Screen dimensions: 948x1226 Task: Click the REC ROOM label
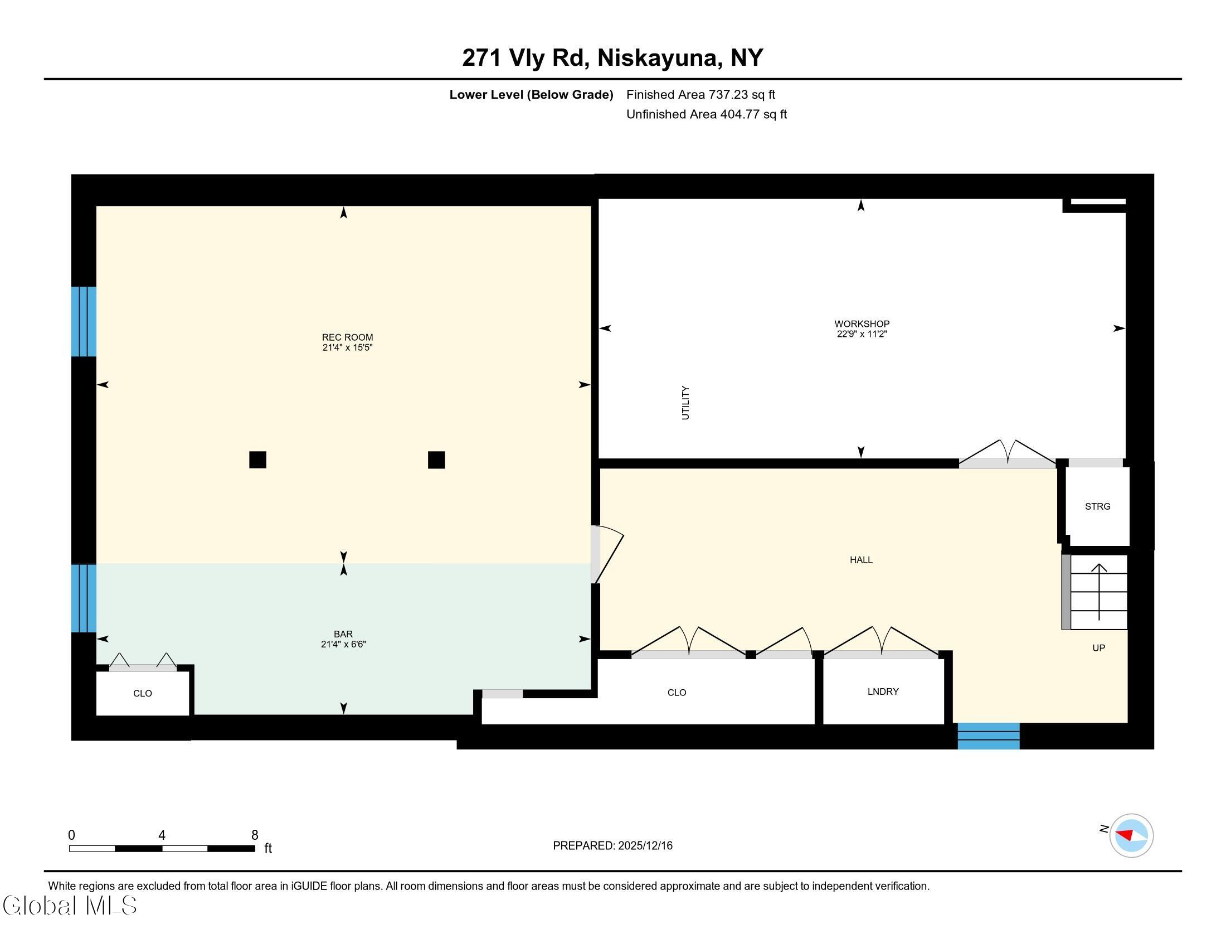pos(347,337)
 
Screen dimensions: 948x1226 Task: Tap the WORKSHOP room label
pos(861,324)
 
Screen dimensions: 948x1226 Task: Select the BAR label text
pos(343,634)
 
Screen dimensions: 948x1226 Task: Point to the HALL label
pos(860,560)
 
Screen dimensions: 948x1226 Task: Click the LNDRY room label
pos(883,691)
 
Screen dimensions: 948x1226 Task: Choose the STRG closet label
pos(1097,506)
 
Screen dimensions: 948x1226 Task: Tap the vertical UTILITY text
pos(685,403)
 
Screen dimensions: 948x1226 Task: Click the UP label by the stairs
pos(1098,648)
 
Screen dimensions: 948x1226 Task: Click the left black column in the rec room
pos(257,460)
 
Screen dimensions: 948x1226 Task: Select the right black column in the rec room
pos(436,460)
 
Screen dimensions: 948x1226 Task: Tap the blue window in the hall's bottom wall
pos(988,736)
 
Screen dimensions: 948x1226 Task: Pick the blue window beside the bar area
pos(84,598)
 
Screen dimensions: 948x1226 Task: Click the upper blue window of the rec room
pos(84,321)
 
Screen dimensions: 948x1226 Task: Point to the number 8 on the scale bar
pos(254,835)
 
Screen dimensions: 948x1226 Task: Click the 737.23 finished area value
pos(728,95)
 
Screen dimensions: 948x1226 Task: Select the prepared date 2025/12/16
pos(645,846)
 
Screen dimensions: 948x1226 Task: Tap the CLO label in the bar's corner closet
pos(143,694)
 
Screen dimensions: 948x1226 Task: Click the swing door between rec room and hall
pos(606,555)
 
